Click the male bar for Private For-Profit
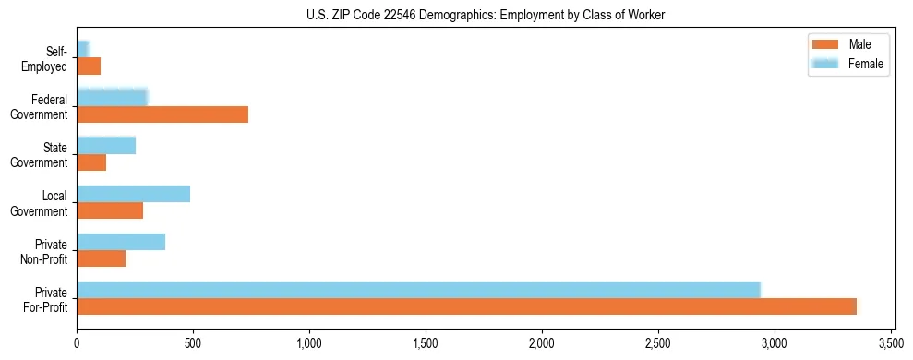click(466, 306)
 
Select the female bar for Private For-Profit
click(418, 290)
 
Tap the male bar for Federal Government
click(162, 114)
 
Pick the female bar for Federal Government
click(112, 98)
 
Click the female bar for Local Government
click(133, 194)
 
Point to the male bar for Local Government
click(110, 210)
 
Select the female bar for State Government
click(106, 146)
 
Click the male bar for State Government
click(91, 162)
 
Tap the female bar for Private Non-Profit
click(121, 242)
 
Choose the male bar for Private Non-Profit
click(101, 258)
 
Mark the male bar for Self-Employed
click(89, 66)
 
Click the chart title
click(486, 15)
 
